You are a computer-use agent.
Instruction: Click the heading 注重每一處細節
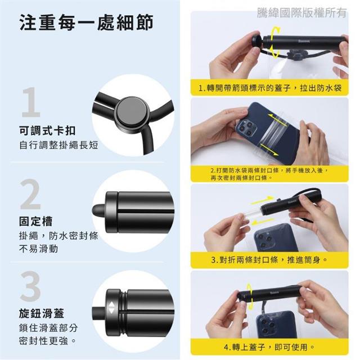pyautogui.click(x=86, y=22)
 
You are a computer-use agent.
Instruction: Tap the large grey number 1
pyautogui.click(x=31, y=102)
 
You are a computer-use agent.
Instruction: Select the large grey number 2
pyautogui.click(x=30, y=195)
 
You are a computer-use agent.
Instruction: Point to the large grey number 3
pyautogui.click(x=30, y=286)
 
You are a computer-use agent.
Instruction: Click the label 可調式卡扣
pyautogui.click(x=47, y=131)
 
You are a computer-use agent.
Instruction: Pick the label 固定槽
pyautogui.click(x=36, y=221)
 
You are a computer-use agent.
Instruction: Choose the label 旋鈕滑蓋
pyautogui.click(x=42, y=313)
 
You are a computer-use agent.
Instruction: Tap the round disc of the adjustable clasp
pyautogui.click(x=131, y=112)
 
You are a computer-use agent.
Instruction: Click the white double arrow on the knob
pyautogui.click(x=111, y=308)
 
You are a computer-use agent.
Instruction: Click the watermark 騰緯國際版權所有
pyautogui.click(x=301, y=12)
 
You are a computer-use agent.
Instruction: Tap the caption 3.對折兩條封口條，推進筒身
pyautogui.click(x=269, y=260)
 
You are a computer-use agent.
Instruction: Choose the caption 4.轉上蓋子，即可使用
pyautogui.click(x=269, y=347)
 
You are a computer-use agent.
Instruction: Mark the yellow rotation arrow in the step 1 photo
pyautogui.click(x=275, y=42)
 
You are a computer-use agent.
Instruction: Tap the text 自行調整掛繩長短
pyautogui.click(x=58, y=145)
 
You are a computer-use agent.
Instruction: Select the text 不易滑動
pyautogui.click(x=39, y=249)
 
